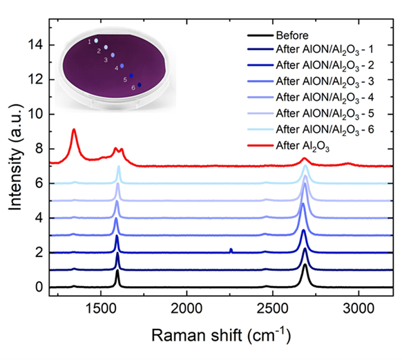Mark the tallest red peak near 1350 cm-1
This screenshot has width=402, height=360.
74,130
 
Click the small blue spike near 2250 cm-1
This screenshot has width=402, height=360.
231,249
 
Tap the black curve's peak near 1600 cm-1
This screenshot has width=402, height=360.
117,271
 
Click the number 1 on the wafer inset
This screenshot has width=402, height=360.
89,42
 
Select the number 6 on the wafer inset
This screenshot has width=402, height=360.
133,87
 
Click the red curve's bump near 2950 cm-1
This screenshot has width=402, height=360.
348,164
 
